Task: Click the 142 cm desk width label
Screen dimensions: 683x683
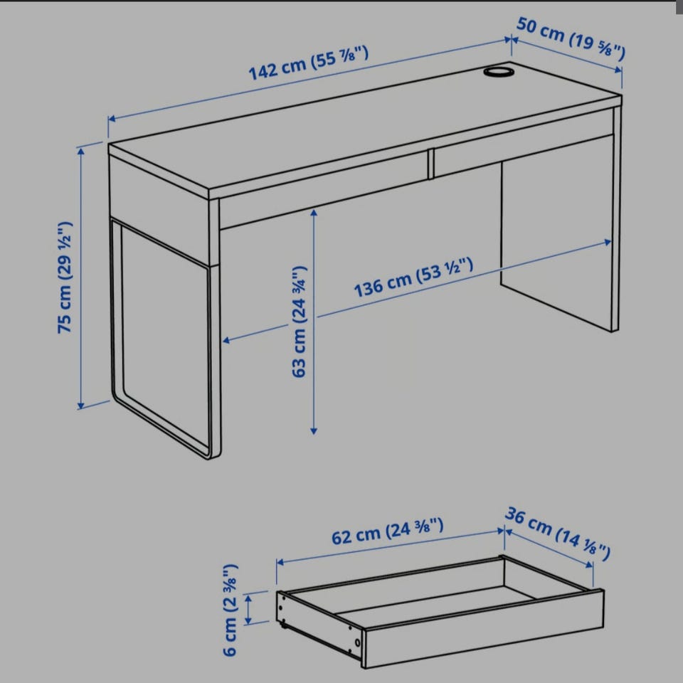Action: pyautogui.click(x=309, y=63)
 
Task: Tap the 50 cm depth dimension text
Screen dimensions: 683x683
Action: pyautogui.click(x=571, y=38)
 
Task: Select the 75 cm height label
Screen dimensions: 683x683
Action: pyautogui.click(x=65, y=278)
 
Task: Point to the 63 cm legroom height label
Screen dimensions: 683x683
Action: pyautogui.click(x=300, y=322)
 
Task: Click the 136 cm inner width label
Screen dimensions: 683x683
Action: pyautogui.click(x=413, y=277)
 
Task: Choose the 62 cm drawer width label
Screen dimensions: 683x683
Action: pyautogui.click(x=388, y=531)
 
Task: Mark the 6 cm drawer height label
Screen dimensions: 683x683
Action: pyautogui.click(x=230, y=610)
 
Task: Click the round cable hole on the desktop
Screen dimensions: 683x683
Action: pyautogui.click(x=499, y=71)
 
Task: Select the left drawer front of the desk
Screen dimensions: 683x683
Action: pyautogui.click(x=323, y=190)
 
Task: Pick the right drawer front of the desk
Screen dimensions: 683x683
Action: pyautogui.click(x=524, y=143)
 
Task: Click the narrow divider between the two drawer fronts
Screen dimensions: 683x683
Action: pyautogui.click(x=431, y=164)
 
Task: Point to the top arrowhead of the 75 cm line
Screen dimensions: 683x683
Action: pyautogui.click(x=80, y=151)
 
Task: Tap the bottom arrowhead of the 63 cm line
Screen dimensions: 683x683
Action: pyautogui.click(x=314, y=431)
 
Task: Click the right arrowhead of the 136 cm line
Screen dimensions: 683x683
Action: pyautogui.click(x=608, y=242)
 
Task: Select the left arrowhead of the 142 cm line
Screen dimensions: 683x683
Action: pyautogui.click(x=112, y=119)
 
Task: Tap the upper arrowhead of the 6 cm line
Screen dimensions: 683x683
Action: pyautogui.click(x=248, y=599)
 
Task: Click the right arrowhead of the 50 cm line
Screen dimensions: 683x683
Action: pyautogui.click(x=618, y=70)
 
